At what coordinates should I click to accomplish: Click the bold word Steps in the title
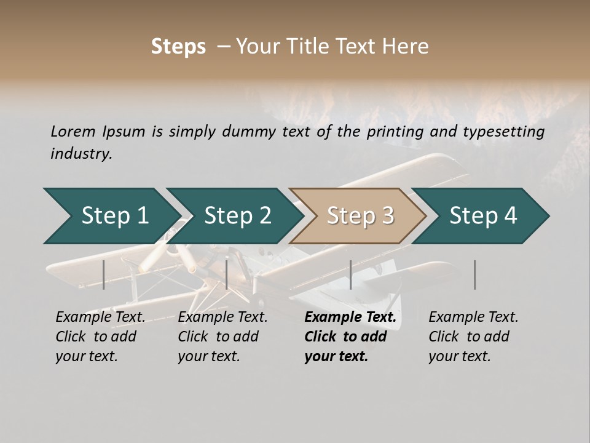[178, 47]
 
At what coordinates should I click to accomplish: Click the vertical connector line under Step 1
[104, 274]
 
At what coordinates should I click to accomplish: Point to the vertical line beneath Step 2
[227, 274]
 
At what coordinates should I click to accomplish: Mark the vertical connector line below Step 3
[351, 274]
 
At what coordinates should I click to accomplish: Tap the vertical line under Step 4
[475, 274]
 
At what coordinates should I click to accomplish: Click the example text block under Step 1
[100, 337]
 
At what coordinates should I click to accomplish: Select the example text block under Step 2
[222, 337]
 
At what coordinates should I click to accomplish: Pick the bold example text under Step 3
[350, 337]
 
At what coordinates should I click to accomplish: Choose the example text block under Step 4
[473, 337]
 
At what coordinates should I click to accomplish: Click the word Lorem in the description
[73, 131]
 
